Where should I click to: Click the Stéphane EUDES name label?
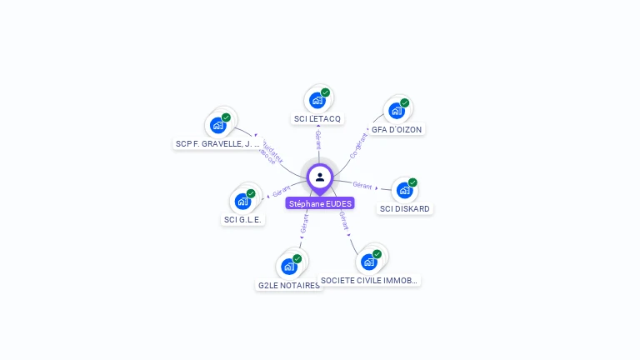320,203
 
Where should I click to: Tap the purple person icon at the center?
320,177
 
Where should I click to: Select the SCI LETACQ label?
317,119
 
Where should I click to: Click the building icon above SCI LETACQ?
317,101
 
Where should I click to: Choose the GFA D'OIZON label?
397,130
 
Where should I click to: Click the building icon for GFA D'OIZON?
396,111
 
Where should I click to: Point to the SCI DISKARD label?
406,208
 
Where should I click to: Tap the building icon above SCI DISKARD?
404,190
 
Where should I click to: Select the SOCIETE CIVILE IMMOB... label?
369,281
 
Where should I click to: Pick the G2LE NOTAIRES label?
288,285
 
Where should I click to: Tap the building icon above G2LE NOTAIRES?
289,266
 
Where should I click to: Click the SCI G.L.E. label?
242,220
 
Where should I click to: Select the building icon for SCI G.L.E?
242,201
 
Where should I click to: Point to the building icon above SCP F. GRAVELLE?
218,125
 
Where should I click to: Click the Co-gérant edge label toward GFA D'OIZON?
358,145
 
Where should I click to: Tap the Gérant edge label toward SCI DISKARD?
362,185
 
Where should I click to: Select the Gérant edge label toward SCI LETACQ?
318,139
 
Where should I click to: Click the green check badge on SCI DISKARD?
412,182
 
